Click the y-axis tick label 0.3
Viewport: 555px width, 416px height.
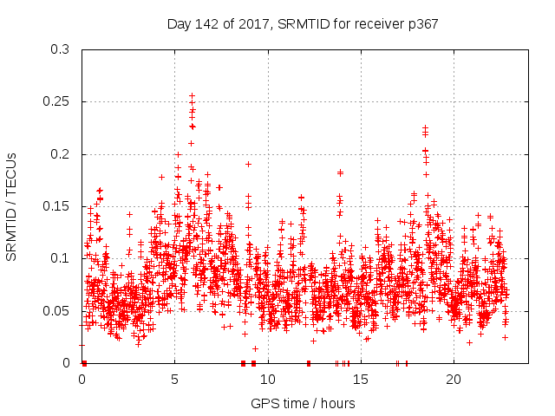pyautogui.click(x=60, y=50)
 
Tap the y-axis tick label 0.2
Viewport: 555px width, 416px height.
pyautogui.click(x=60, y=154)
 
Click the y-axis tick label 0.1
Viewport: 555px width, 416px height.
pyautogui.click(x=60, y=258)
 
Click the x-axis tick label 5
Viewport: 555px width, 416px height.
pyautogui.click(x=175, y=379)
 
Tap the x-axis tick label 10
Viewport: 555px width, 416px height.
pyautogui.click(x=268, y=379)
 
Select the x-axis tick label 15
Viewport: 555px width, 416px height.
pyautogui.click(x=361, y=379)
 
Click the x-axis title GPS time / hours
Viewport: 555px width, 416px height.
pyautogui.click(x=303, y=403)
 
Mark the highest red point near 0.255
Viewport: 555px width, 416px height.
pyautogui.click(x=192, y=96)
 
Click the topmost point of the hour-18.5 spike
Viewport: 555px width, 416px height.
pyautogui.click(x=425, y=128)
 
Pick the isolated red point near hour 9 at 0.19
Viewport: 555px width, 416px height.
pyautogui.click(x=248, y=164)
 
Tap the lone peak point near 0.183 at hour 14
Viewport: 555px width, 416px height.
pyautogui.click(x=340, y=172)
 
